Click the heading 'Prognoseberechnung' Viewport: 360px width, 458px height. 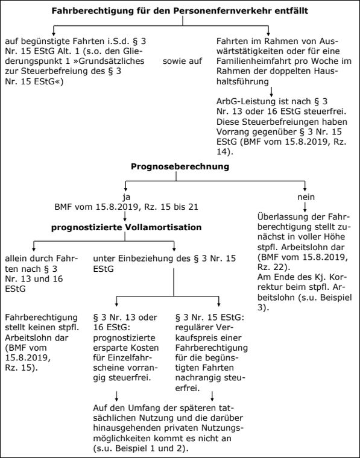pyautogui.click(x=180, y=166)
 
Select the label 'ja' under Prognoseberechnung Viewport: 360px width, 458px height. pyautogui.click(x=127, y=197)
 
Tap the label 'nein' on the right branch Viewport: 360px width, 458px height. pyautogui.click(x=306, y=197)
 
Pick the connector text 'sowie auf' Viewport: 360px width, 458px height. pyautogui.click(x=182, y=61)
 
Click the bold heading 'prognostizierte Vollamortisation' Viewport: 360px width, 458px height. pyautogui.click(x=126, y=228)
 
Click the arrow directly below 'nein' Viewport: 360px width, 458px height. pyautogui.click(x=305, y=207)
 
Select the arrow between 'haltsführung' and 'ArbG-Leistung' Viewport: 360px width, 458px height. pyautogui.click(x=271, y=92)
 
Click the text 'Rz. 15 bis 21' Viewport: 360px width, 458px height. pyautogui.click(x=171, y=207)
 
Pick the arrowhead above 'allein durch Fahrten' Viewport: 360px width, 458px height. pyautogui.click(x=34, y=249)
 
